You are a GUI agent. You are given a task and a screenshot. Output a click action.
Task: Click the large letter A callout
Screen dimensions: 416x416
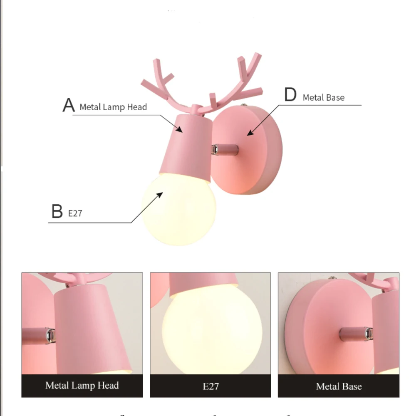point(68,106)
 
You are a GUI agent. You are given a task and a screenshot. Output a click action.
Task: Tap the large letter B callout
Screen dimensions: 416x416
point(57,212)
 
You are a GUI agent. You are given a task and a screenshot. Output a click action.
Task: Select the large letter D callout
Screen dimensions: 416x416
point(290,95)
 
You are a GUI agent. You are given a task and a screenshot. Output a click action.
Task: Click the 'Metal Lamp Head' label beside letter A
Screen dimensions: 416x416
point(113,107)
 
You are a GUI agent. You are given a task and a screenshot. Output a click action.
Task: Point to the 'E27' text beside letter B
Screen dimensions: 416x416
point(75,214)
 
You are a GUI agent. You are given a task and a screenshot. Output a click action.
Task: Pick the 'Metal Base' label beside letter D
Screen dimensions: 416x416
point(324,98)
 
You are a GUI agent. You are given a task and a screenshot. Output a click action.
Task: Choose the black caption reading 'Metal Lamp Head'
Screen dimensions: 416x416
point(82,385)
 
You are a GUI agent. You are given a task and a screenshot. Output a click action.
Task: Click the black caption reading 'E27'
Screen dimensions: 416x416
point(210,386)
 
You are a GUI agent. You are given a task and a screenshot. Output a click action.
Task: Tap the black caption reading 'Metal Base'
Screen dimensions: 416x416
point(339,386)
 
